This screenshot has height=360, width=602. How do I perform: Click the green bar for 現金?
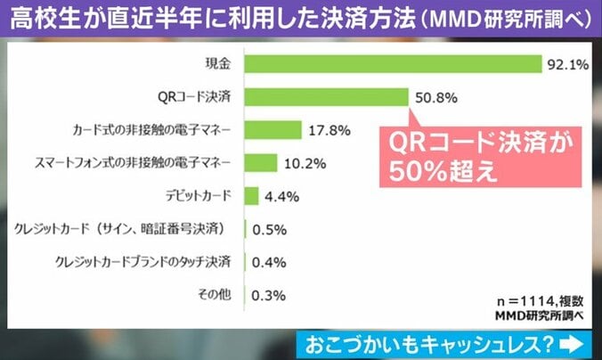click(392, 64)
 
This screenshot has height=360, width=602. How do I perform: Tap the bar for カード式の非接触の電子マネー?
click(273, 130)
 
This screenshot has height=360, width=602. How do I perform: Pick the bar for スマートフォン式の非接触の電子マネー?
click(260, 162)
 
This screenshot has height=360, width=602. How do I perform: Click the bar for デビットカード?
click(250, 195)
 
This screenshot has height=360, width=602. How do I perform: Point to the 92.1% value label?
click(567, 64)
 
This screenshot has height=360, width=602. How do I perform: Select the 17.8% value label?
click(327, 130)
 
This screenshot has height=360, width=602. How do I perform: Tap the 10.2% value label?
click(303, 162)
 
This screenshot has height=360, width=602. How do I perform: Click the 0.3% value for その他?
click(269, 295)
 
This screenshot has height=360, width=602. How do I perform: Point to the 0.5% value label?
click(269, 229)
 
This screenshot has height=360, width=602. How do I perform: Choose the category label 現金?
click(217, 64)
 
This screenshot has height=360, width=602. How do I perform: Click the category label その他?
click(216, 295)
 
